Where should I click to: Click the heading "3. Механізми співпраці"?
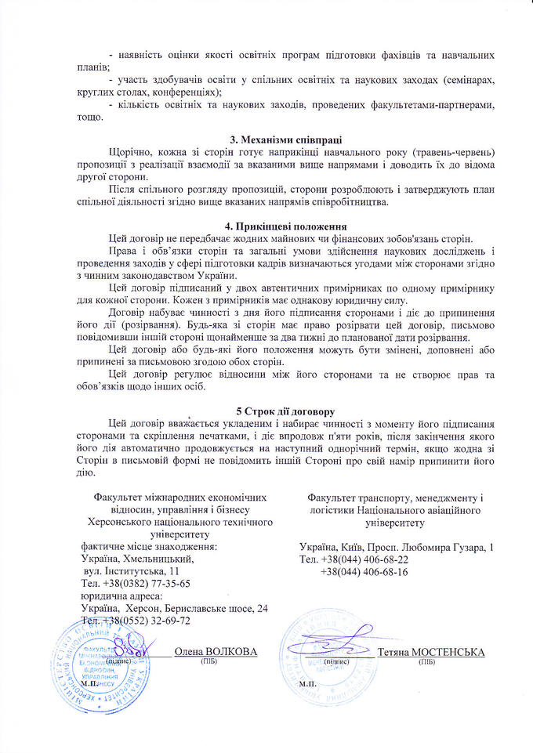pyautogui.click(x=266, y=140)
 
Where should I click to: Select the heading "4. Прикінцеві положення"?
pyautogui.click(x=266, y=226)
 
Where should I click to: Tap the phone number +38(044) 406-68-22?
pyautogui.click(x=364, y=560)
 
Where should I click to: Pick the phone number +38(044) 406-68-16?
pyautogui.click(x=364, y=572)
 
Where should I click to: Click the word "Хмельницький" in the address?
pyautogui.click(x=164, y=559)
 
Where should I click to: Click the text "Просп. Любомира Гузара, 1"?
pyautogui.click(x=438, y=547)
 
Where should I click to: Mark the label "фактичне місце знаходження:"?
pyautogui.click(x=149, y=547)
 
